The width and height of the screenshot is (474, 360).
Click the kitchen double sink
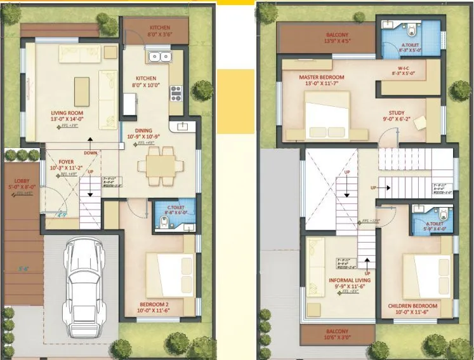(159, 58)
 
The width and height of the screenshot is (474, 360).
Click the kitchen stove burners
(175, 93)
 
